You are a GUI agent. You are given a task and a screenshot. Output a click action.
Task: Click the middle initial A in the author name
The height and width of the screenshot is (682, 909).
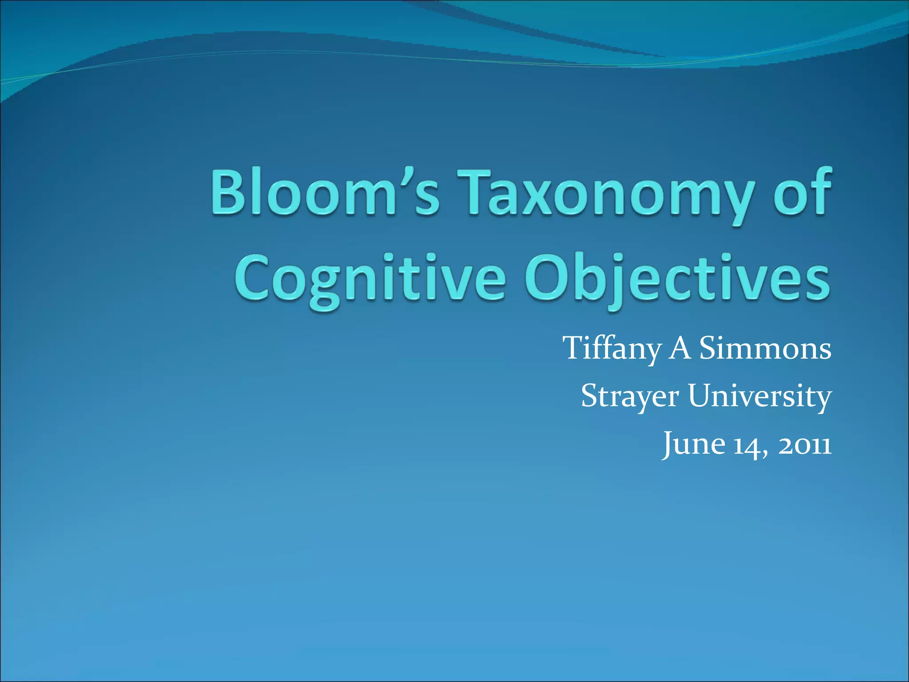click(680, 348)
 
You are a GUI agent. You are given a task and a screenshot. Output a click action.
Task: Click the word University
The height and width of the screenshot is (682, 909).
click(759, 396)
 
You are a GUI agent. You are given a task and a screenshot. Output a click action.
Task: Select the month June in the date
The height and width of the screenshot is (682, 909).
click(693, 444)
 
